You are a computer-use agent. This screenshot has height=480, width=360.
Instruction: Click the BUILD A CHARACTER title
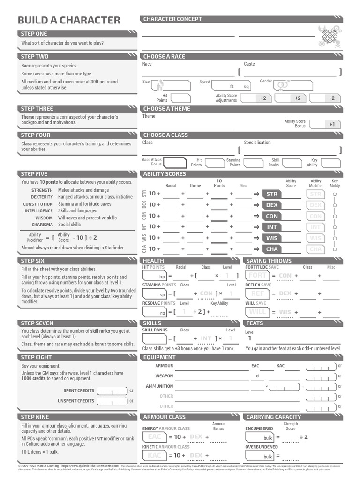pyautogui.click(x=69, y=20)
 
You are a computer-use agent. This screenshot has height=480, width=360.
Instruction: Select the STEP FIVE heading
pyautogui.click(x=34, y=174)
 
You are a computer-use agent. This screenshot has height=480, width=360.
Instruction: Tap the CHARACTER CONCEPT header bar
pyautogui.click(x=172, y=19)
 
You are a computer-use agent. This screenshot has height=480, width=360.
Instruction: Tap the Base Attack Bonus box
pyautogui.click(x=175, y=162)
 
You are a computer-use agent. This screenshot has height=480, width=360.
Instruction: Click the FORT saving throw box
pyautogui.click(x=258, y=276)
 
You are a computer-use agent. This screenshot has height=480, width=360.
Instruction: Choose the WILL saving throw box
pyautogui.click(x=258, y=312)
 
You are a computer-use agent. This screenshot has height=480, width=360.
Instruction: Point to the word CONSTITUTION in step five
pyautogui.click(x=38, y=204)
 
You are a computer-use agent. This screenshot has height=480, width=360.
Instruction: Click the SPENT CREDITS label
pyautogui.click(x=79, y=390)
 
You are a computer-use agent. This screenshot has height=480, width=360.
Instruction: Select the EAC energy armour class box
pyautogui.click(x=154, y=437)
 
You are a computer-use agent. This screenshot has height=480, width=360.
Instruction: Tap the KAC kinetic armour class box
pyautogui.click(x=154, y=455)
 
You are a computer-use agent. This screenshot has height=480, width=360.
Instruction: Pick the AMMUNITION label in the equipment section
pyautogui.click(x=159, y=386)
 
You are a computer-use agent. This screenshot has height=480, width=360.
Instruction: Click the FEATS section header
pyautogui.click(x=255, y=323)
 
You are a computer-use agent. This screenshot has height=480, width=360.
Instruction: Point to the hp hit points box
pyautogui.click(x=155, y=276)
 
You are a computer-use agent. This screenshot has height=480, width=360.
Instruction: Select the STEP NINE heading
pyautogui.click(x=34, y=417)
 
